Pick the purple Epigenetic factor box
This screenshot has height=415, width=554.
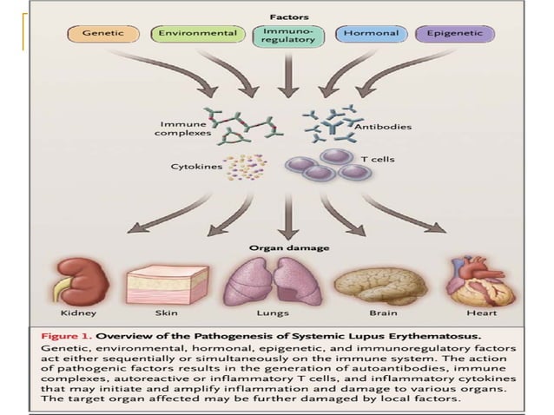point(453,35)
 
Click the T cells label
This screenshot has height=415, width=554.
point(374,159)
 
